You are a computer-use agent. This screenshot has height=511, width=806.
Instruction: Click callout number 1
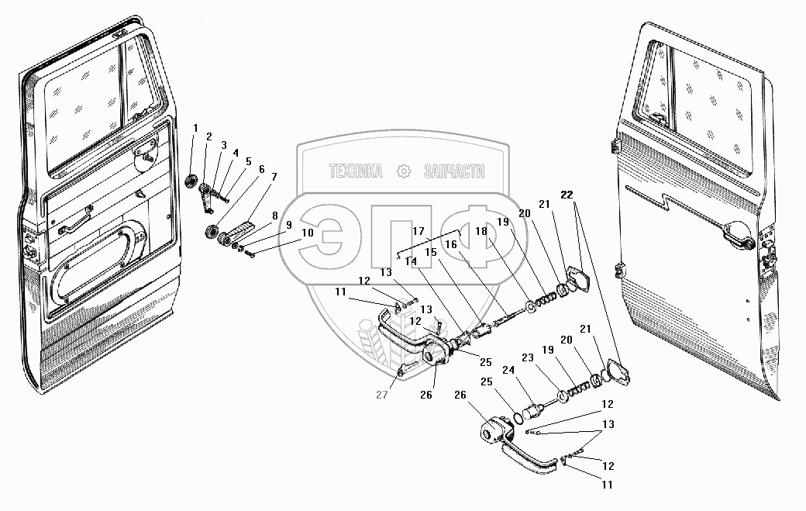click(x=196, y=127)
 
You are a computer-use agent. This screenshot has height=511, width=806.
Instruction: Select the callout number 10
click(x=286, y=232)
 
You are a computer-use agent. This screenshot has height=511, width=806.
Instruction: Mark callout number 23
click(x=529, y=358)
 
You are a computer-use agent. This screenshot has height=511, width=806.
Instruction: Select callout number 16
click(x=452, y=244)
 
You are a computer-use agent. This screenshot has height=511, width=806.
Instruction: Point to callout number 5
click(x=248, y=161)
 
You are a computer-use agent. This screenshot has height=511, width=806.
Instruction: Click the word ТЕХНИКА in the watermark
click(x=356, y=172)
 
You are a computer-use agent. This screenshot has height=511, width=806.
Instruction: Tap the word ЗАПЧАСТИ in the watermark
click(x=454, y=172)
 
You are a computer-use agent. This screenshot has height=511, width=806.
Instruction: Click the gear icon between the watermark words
click(x=403, y=171)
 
